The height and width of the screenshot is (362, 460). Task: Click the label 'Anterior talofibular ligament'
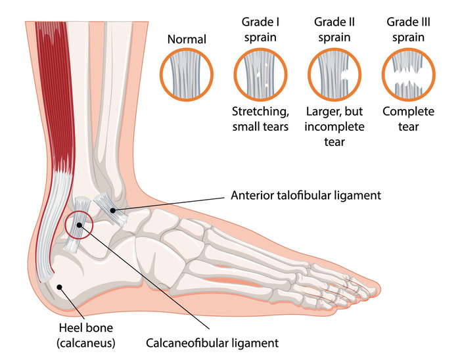click(x=306, y=195)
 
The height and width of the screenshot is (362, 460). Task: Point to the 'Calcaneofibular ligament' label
click(x=212, y=343)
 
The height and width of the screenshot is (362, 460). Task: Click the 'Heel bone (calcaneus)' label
click(x=85, y=335)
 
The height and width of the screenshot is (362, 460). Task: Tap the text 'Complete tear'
click(x=408, y=119)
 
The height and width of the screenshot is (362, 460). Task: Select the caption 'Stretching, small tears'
click(x=260, y=119)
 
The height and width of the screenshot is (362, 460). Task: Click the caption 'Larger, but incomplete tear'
click(x=334, y=126)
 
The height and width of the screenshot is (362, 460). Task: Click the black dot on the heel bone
click(x=60, y=287)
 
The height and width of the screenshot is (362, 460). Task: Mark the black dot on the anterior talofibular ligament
click(x=112, y=210)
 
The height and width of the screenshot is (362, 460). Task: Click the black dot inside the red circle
click(x=80, y=225)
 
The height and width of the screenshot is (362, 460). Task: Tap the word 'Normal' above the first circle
click(x=187, y=39)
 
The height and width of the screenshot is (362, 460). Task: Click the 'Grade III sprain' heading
click(x=408, y=30)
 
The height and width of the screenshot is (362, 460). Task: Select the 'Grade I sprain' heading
click(x=260, y=30)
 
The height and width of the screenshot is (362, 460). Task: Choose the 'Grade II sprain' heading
click(x=334, y=30)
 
